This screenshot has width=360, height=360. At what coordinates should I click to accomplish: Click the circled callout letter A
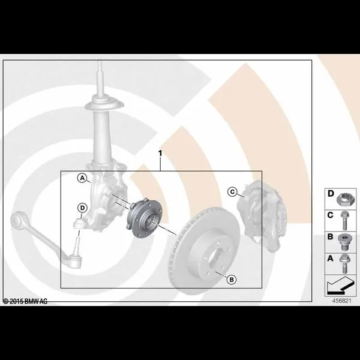82,178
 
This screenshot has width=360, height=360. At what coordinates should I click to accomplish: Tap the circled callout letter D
82,208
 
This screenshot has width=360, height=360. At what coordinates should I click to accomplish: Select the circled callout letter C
232,192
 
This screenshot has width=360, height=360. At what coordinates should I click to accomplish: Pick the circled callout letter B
232,280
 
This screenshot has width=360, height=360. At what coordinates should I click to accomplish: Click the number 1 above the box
160,153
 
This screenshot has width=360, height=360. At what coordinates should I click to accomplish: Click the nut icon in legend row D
344,199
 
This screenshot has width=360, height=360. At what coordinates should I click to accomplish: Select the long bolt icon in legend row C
344,221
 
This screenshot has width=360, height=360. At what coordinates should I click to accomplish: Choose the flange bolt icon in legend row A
344,263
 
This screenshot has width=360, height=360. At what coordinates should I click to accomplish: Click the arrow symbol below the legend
340,286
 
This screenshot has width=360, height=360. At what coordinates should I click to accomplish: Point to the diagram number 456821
342,301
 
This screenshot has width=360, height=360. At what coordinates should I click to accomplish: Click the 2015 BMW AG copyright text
25,301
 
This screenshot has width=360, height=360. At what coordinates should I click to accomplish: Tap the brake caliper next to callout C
262,215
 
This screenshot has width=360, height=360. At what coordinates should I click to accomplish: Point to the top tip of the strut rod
100,61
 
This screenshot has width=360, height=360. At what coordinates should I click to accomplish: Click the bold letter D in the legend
331,194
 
